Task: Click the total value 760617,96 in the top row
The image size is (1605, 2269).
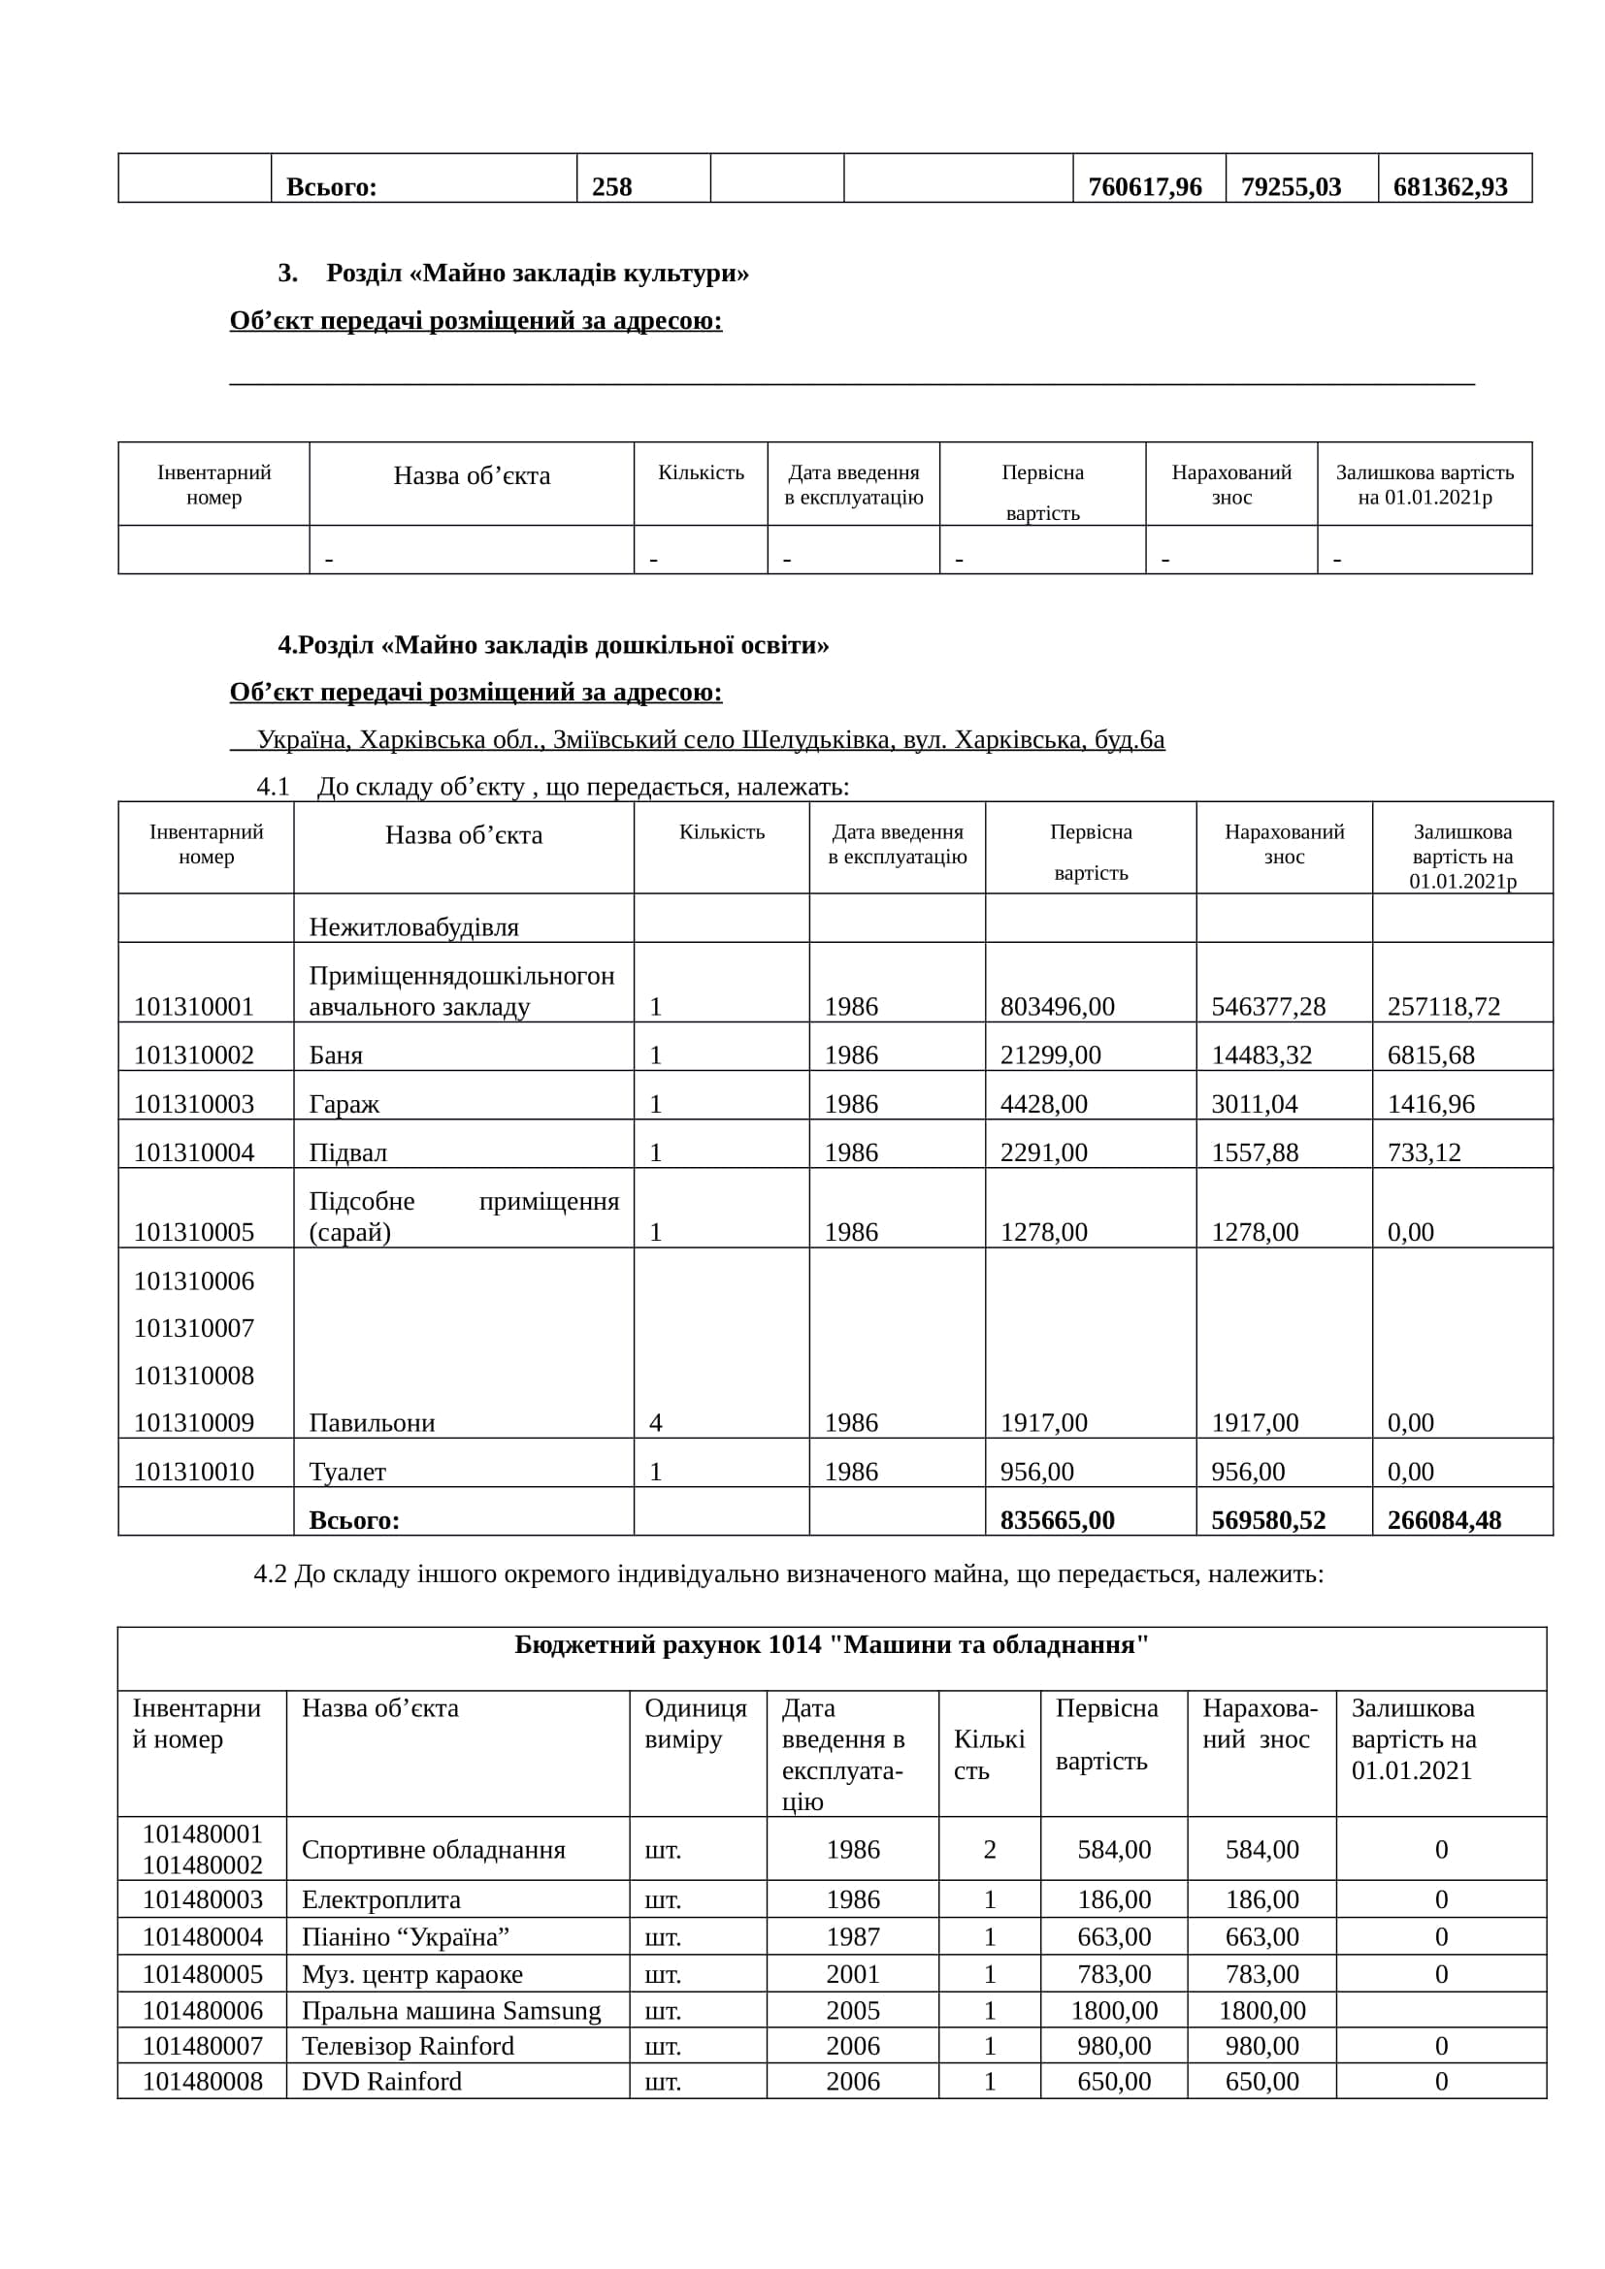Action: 1144,187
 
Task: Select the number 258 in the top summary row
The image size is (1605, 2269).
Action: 611,187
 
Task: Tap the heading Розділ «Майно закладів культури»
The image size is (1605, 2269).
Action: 537,273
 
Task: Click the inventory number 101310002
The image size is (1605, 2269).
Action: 194,1055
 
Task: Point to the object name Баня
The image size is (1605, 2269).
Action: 336,1055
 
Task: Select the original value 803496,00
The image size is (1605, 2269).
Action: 1057,1007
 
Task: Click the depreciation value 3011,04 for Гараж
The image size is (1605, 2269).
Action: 1254,1104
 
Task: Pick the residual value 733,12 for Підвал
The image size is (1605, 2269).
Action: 1424,1152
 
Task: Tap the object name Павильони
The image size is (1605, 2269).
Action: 372,1423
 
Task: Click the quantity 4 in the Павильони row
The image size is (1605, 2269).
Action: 655,1423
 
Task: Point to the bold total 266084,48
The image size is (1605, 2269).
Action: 1444,1520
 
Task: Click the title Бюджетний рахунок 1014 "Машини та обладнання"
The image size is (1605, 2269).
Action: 832,1644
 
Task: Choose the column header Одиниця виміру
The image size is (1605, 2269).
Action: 696,1724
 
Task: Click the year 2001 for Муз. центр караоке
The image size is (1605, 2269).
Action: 852,1973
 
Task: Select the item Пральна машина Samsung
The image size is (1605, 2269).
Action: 450,2010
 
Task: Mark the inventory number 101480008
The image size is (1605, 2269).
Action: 203,2081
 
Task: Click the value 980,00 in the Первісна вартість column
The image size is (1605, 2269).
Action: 1114,2046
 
